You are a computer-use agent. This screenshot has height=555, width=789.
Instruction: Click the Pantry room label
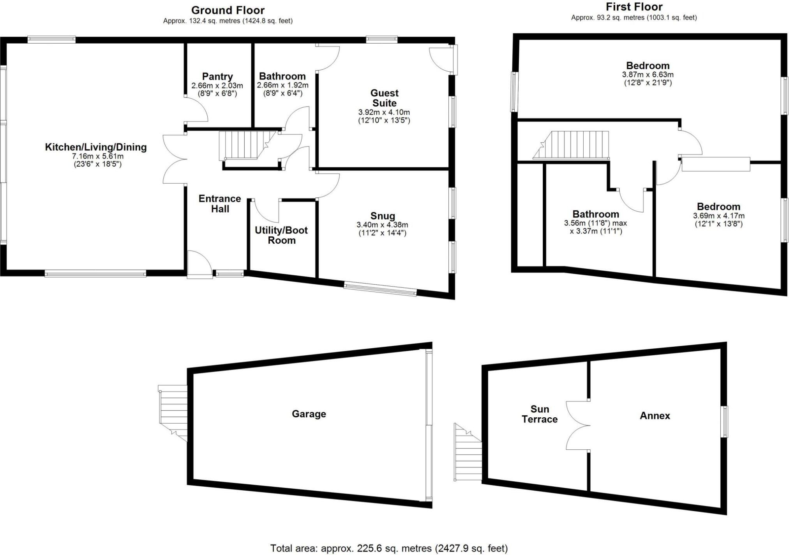click(x=217, y=76)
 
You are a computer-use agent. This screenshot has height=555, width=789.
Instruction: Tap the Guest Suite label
click(x=384, y=98)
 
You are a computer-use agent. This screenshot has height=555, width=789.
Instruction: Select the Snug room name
click(x=383, y=216)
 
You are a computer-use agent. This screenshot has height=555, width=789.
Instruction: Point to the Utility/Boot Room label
click(x=281, y=235)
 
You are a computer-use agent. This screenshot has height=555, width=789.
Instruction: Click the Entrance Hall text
click(x=220, y=204)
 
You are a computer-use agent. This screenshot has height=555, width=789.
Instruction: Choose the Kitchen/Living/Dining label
click(x=96, y=147)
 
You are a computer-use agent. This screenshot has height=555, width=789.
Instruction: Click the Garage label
click(x=309, y=414)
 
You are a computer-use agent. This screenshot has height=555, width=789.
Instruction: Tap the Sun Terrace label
click(x=540, y=414)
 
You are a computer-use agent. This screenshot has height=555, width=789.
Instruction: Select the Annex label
click(x=655, y=416)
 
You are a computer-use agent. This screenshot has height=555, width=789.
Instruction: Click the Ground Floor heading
click(x=228, y=10)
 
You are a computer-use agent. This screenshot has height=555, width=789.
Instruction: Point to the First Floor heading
click(x=634, y=7)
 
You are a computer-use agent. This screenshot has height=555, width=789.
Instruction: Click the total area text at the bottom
click(x=389, y=548)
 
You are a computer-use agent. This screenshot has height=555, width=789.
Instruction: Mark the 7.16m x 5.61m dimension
click(x=98, y=156)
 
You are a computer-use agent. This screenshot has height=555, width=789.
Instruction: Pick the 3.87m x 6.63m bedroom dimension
click(x=648, y=74)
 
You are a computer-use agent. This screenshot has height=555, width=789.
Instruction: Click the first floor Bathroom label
click(x=595, y=214)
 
